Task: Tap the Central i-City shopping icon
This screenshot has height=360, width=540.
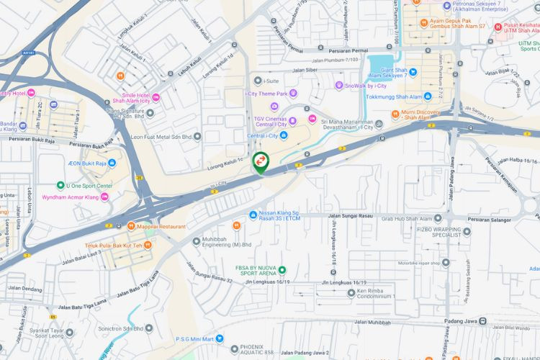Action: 284,135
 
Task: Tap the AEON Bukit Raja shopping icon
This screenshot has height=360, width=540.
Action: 112,163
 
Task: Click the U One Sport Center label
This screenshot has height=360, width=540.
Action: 89,186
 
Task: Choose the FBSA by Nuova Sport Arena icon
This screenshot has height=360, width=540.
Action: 282,271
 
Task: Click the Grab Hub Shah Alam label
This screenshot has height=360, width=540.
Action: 412,218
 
